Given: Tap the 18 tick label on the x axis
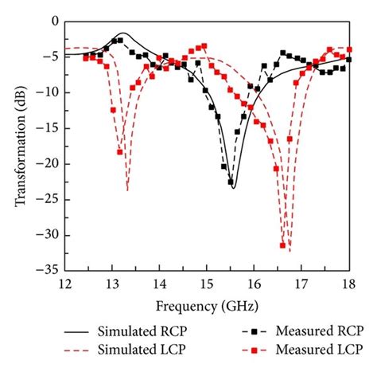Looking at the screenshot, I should [348, 285].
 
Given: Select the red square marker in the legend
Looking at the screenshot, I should [252, 349].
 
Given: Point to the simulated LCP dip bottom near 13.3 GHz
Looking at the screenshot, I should [127, 190].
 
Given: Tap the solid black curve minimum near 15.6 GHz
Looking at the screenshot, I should [234, 188].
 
